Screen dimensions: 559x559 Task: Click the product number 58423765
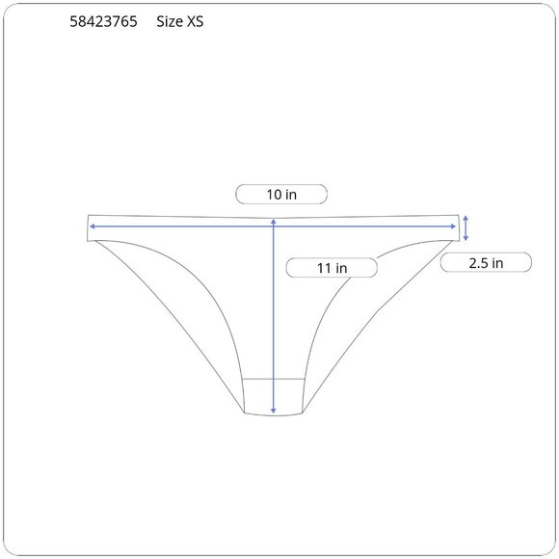pos(103,22)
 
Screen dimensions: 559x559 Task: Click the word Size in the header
pos(170,22)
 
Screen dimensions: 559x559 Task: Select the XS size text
pos(195,22)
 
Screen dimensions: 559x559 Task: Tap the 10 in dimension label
pos(281,195)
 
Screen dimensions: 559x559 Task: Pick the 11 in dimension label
pos(332,268)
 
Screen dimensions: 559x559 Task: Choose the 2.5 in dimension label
pos(486,263)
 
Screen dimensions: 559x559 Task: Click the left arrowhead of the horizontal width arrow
pos(92,226)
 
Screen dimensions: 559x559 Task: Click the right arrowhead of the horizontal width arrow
pos(454,226)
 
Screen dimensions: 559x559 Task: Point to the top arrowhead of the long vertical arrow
pos(274,222)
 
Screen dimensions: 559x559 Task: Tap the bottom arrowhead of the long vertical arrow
pos(274,411)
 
